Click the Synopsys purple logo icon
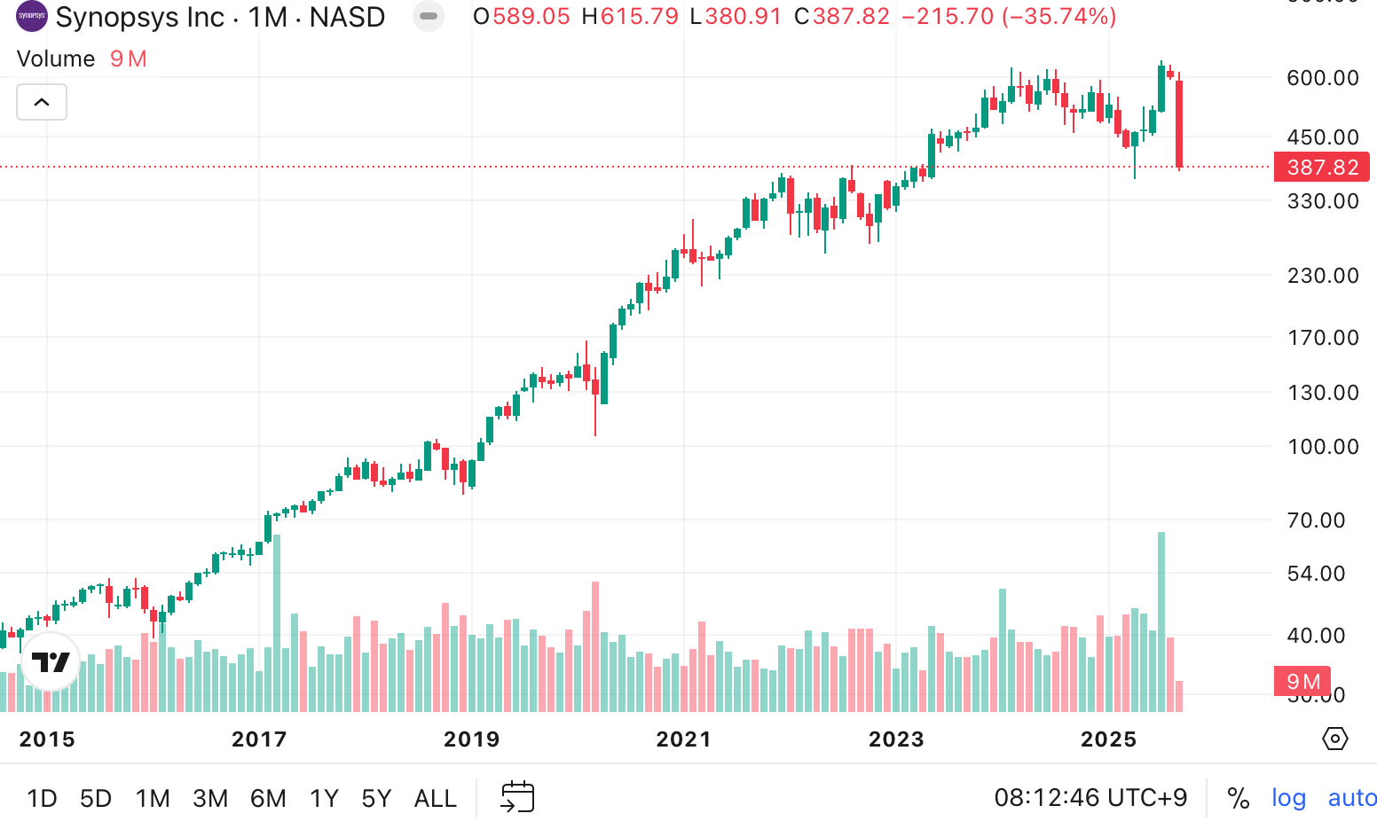point(32,16)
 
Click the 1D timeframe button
point(42,798)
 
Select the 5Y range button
point(376,798)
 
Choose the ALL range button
point(435,798)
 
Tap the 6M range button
point(268,798)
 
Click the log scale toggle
point(1288,798)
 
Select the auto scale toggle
point(1351,798)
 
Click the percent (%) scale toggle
point(1238,798)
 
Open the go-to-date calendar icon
point(518,797)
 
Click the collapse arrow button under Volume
point(42,102)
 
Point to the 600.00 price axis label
point(1322,78)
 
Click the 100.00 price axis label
point(1322,447)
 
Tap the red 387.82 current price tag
point(1321,168)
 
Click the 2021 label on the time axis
point(683,739)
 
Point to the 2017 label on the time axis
point(259,739)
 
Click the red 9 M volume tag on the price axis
point(1302,681)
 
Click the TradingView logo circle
point(51,661)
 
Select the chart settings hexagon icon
point(1334,739)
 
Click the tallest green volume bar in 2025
point(1161,621)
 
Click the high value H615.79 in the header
point(630,17)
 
